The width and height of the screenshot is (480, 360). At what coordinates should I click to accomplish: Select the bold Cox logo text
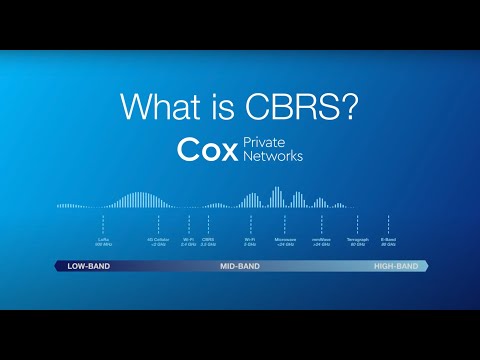click(207, 150)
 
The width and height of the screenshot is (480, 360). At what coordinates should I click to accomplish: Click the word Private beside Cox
click(264, 142)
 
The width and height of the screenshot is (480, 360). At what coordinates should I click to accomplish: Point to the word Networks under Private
click(272, 157)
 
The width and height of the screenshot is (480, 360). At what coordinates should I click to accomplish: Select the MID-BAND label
click(241, 267)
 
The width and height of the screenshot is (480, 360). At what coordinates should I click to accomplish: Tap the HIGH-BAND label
click(396, 267)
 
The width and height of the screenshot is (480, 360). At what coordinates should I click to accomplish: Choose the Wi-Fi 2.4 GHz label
click(189, 242)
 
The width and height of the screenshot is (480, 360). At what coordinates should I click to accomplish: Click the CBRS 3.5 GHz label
click(208, 242)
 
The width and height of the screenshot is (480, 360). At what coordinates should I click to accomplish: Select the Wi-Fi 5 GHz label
click(250, 242)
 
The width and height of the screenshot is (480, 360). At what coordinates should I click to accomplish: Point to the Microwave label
click(286, 242)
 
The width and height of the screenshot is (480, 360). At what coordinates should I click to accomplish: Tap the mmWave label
click(321, 242)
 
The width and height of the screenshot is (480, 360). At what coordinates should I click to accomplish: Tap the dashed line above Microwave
click(286, 222)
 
